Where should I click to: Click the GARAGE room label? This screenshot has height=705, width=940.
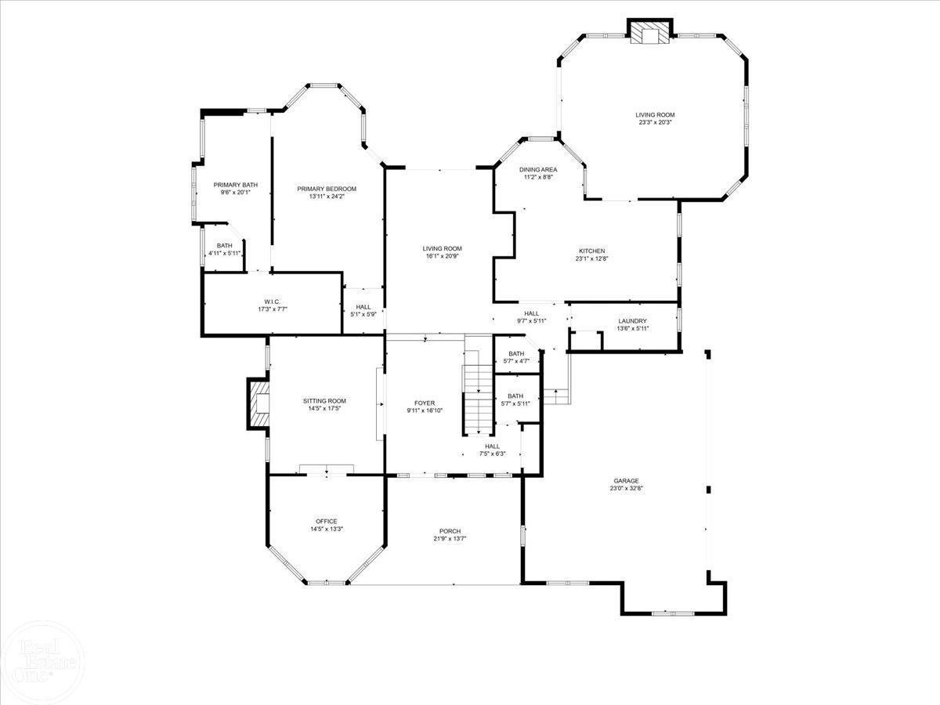pyautogui.click(x=626, y=481)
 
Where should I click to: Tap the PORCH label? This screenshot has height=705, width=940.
pyautogui.click(x=450, y=531)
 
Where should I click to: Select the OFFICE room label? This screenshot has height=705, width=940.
pyautogui.click(x=327, y=522)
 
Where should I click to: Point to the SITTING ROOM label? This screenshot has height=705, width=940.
pyautogui.click(x=324, y=401)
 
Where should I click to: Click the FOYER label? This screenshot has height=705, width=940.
pyautogui.click(x=425, y=403)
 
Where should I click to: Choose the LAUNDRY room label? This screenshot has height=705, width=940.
pyautogui.click(x=632, y=321)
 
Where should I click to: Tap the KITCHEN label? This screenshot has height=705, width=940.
pyautogui.click(x=592, y=251)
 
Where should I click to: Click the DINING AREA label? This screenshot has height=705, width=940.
pyautogui.click(x=538, y=169)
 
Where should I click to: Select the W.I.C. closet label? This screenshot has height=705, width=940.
pyautogui.click(x=272, y=302)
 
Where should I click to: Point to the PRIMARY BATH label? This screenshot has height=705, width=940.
pyautogui.click(x=236, y=185)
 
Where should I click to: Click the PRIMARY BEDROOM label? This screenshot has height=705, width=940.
pyautogui.click(x=327, y=189)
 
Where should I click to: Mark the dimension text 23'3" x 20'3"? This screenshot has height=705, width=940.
pyautogui.click(x=655, y=122)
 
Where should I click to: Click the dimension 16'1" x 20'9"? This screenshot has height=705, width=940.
pyautogui.click(x=442, y=256)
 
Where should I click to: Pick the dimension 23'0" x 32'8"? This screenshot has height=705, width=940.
pyautogui.click(x=626, y=488)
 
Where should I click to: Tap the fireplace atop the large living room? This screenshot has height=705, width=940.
pyautogui.click(x=649, y=31)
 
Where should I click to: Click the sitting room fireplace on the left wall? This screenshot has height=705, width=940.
pyautogui.click(x=258, y=403)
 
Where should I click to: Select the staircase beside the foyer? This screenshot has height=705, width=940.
pyautogui.click(x=477, y=385)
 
